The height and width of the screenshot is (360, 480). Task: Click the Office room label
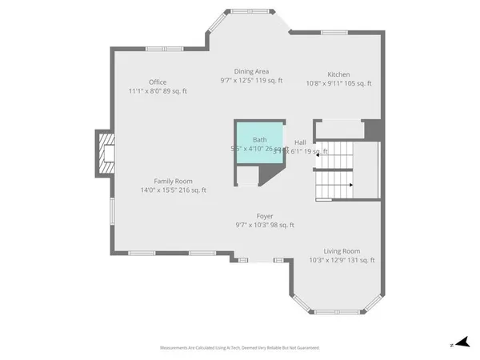[158, 82]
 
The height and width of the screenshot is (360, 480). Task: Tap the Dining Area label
[251, 70]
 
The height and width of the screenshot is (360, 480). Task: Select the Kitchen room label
[338, 74]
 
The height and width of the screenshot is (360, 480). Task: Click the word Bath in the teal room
[260, 139]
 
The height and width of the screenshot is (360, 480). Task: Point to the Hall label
[300, 142]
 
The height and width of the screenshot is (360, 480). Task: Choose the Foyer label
[265, 216]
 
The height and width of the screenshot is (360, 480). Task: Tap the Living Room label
[342, 250]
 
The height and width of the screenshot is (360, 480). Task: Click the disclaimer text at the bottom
[240, 348]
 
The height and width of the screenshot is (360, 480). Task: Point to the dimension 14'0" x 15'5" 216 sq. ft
[173, 190]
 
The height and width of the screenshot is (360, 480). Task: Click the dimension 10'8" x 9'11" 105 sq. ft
[338, 84]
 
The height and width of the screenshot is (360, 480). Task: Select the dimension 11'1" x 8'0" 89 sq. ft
[158, 91]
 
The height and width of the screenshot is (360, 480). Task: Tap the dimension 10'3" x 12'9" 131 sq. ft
[342, 260]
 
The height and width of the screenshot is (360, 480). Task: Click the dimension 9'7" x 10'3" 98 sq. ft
[265, 226]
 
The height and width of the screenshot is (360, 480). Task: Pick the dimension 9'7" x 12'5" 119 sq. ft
[251, 80]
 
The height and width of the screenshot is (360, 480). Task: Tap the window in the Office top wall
[164, 50]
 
